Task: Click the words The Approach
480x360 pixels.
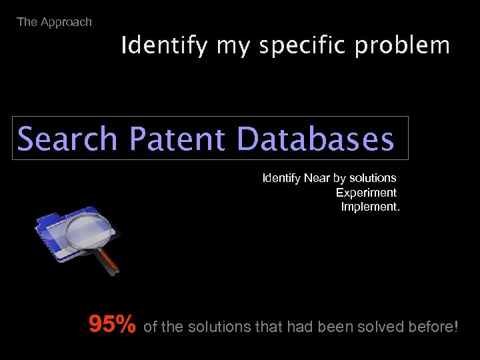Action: click(x=54, y=22)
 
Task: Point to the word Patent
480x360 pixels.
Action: click(x=177, y=139)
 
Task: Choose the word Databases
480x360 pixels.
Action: click(x=315, y=139)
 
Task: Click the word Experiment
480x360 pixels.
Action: click(x=366, y=193)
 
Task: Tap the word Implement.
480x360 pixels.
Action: click(x=371, y=207)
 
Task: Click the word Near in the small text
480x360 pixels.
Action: click(x=317, y=178)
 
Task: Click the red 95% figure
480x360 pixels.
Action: click(x=113, y=325)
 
